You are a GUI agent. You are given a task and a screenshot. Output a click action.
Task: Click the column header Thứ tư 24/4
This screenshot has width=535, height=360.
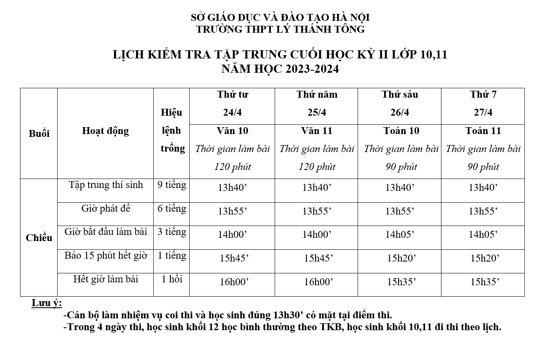232,103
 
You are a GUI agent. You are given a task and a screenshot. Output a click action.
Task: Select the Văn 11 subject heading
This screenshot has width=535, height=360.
316,131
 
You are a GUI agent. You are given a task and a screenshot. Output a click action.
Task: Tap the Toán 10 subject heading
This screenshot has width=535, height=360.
401,131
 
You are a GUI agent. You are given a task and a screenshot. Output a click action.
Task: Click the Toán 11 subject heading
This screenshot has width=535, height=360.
483,131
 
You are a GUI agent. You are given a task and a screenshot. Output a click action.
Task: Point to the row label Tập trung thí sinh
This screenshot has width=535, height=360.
106,185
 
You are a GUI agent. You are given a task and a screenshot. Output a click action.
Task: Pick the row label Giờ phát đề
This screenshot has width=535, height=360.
106,208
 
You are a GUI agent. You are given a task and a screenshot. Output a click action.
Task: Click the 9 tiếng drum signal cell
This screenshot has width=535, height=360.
172,185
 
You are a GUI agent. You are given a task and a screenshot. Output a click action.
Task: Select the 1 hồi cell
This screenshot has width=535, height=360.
172,279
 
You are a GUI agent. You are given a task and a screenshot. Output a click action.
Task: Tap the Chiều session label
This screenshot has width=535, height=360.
39,238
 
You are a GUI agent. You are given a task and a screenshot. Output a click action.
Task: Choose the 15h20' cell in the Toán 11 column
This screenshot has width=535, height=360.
485,258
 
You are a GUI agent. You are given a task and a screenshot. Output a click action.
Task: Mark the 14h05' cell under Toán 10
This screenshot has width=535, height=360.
400,235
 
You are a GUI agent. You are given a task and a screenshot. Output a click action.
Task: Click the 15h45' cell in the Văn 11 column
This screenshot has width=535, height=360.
318,258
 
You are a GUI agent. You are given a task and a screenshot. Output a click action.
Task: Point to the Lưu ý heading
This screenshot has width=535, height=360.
47,303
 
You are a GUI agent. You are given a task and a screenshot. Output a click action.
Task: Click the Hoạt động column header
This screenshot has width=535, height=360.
105,131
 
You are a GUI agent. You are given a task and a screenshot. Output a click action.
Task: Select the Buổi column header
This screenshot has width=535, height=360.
39,134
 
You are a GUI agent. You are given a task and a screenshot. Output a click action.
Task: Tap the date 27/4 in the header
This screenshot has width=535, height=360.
483,112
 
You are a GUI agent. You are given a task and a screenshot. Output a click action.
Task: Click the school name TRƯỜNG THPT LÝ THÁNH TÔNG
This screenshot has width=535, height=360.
280,29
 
